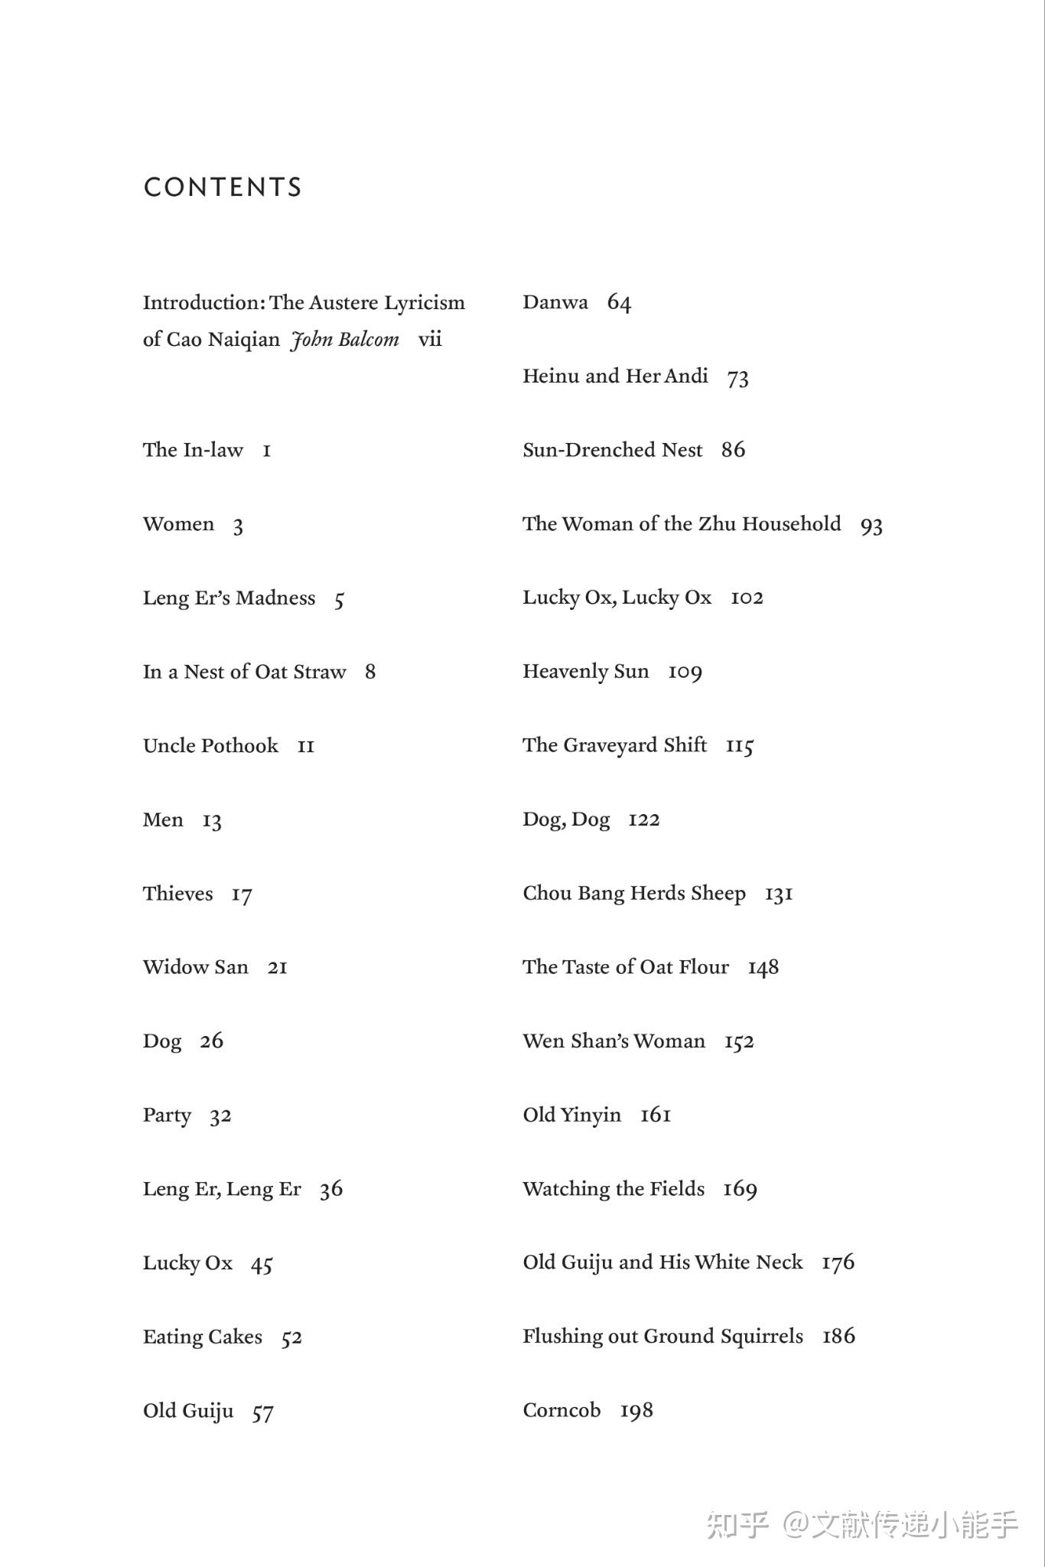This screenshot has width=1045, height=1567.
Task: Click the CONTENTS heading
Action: point(223,187)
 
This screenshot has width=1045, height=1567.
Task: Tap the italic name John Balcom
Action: point(345,340)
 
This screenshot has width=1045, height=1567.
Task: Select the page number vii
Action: point(430,339)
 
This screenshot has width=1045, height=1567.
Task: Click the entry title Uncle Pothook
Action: point(210,745)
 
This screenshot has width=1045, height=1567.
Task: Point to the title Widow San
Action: point(195,967)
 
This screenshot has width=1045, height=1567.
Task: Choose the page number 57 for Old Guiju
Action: point(262,1412)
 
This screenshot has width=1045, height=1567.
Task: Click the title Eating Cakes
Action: point(202,1337)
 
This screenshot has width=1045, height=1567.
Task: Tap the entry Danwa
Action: point(555,302)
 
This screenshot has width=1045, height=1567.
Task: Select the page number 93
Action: point(871,526)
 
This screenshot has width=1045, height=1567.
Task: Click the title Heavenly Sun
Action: point(585,671)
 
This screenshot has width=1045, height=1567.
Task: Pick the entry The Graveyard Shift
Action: point(614,745)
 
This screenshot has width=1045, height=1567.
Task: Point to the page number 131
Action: point(779,894)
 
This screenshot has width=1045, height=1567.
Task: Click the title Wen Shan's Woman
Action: point(614,1041)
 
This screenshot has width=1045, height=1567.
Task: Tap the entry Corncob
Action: point(562,1410)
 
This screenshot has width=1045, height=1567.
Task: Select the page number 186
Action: point(838,1336)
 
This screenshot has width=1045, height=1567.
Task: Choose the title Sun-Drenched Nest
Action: point(612,450)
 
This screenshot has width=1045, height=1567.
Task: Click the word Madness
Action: point(275,598)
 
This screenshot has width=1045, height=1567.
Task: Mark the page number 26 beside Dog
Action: point(212,1041)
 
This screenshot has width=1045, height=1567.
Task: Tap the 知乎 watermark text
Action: point(737,1524)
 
